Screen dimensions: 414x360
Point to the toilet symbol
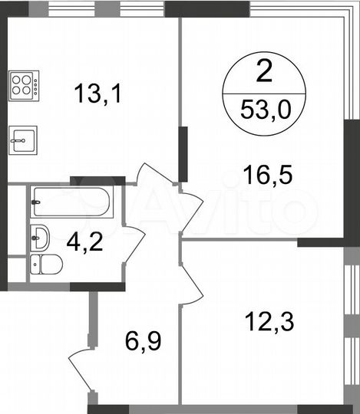point(46,265)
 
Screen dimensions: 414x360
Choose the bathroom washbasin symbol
point(40,233)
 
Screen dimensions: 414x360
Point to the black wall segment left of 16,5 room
point(183,154)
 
